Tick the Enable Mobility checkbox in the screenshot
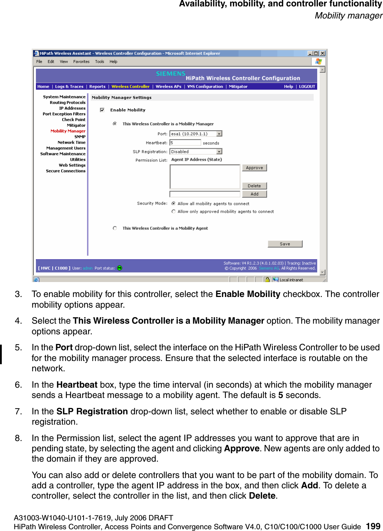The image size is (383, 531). [102, 110]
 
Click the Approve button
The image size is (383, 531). [254, 168]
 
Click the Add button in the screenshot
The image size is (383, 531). [254, 194]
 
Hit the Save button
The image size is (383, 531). [285, 244]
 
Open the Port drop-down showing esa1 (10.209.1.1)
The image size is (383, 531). [219, 134]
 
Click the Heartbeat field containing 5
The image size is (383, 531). [185, 143]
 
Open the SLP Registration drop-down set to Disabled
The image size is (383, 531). [219, 152]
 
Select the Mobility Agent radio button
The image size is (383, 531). [115, 228]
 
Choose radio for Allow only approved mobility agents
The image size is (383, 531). [174, 212]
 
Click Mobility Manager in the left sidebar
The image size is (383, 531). [68, 131]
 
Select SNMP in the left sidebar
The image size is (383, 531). [80, 137]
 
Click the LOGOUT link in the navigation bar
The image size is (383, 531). [307, 86]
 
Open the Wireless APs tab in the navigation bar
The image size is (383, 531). [168, 86]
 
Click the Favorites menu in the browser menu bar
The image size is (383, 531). [81, 62]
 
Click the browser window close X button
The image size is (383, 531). [322, 53]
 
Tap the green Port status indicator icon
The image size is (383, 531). [119, 268]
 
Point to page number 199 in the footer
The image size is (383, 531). [373, 526]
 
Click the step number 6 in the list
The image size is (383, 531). [18, 385]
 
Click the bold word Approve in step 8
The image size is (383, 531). [241, 448]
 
